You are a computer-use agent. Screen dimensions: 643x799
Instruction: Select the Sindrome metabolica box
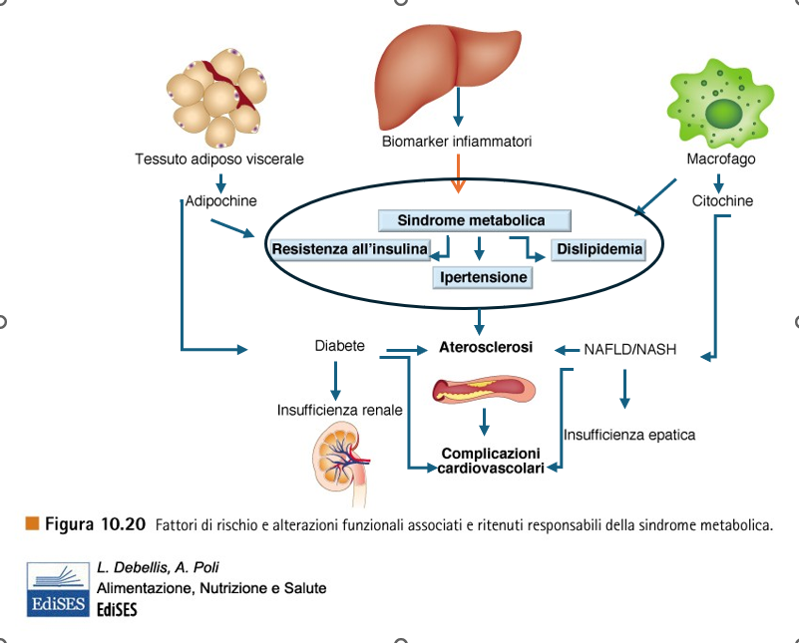475,220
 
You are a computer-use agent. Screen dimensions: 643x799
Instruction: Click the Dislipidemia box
599,248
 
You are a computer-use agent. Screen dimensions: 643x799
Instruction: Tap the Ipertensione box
482,276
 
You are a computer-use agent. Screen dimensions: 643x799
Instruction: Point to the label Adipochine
221,201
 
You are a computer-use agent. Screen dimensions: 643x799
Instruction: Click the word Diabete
339,347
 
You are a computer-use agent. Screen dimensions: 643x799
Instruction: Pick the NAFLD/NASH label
630,350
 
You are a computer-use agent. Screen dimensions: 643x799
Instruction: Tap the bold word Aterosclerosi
486,347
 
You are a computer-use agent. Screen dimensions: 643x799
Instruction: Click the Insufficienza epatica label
629,435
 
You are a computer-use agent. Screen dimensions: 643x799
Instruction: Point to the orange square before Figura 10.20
33,523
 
